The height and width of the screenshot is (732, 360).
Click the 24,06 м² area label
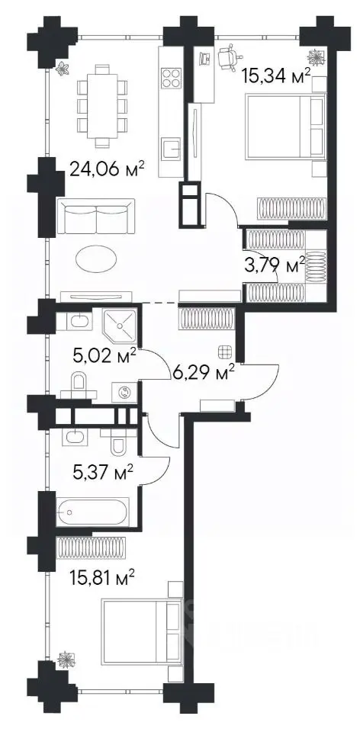106,168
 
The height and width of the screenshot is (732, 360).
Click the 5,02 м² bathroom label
104,357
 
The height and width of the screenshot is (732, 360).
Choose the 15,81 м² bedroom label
103,579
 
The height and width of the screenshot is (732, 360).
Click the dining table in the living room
102,105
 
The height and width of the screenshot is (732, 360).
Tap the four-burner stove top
171,78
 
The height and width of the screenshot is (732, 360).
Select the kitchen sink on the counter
171,149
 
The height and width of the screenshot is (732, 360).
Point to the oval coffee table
97,258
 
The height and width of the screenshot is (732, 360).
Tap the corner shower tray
120,325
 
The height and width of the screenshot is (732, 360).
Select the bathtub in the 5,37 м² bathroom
92,512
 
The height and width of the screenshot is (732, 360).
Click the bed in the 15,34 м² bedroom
284,127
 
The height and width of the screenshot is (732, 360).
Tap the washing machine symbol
124,392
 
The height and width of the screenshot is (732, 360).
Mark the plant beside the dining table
63,69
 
